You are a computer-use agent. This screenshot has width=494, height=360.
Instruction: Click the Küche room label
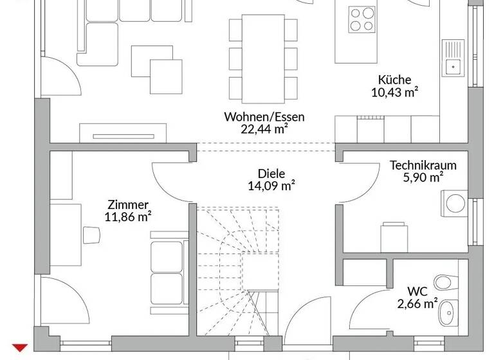(x=394, y=80)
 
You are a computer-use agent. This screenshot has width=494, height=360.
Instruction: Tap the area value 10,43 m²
(x=394, y=92)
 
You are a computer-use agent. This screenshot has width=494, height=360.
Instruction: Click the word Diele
(x=271, y=174)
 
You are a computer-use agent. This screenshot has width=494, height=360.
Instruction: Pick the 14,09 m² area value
(x=271, y=186)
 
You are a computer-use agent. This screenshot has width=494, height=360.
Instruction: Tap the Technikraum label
(x=423, y=165)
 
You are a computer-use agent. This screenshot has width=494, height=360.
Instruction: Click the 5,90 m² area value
(x=423, y=177)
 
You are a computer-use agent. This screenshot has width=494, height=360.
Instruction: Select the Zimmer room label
(x=127, y=204)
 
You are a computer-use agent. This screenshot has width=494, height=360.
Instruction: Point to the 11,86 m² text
(x=127, y=216)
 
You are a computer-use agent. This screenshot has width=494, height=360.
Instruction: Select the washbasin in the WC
(x=448, y=314)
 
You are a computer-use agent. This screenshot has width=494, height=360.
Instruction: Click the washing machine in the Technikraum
(x=454, y=204)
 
